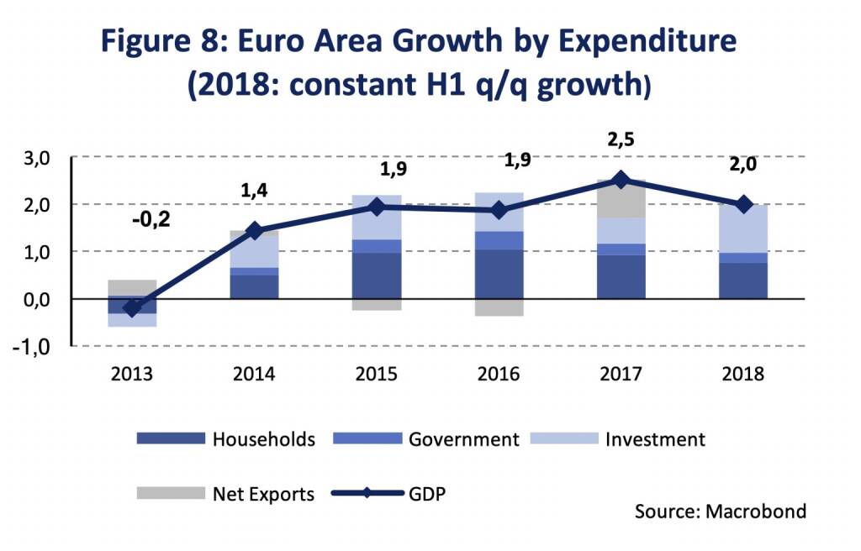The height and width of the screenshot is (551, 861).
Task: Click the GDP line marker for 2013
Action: pos(131,307)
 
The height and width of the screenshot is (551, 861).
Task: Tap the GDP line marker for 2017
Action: pos(621,179)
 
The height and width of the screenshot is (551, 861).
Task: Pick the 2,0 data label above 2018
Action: pos(742,165)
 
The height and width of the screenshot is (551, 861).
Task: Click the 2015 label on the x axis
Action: pos(376,374)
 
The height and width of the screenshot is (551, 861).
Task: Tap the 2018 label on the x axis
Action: pos(742,374)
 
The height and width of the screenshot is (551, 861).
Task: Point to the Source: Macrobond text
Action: pos(720,512)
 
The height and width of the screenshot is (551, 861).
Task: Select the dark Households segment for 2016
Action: pos(499,274)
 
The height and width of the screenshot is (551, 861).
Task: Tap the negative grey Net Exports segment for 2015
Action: pos(376,305)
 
